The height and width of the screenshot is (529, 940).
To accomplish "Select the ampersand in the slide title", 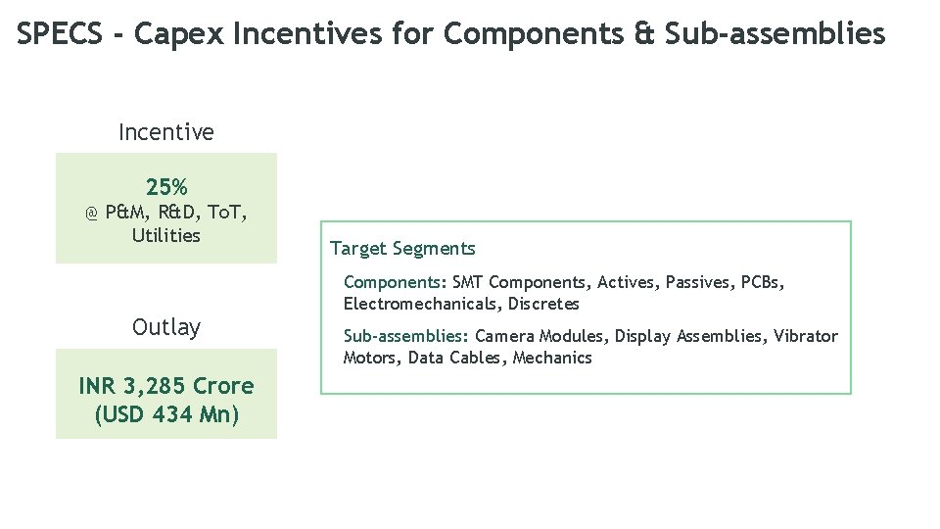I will point(643,34).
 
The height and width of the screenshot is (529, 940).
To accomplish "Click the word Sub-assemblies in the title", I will point(775,34).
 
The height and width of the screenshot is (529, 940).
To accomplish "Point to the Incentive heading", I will point(166,131).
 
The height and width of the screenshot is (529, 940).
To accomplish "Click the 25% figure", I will point(166,186).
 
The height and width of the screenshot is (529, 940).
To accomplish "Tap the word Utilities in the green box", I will point(166,235).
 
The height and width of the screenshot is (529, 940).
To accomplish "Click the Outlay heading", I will point(166,327).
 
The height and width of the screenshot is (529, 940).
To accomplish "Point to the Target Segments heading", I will point(402,249).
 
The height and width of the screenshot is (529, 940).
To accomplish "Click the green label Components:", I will point(395,282).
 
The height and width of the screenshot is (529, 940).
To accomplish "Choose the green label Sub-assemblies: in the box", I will point(406,336).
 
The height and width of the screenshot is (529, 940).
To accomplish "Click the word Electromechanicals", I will point(421,304).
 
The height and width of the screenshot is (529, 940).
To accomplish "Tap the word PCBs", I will point(763,282).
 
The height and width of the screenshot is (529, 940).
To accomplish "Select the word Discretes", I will point(543,304).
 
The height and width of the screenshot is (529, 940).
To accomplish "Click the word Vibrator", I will point(806,336).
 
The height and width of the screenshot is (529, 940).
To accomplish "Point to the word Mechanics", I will point(552,358).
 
